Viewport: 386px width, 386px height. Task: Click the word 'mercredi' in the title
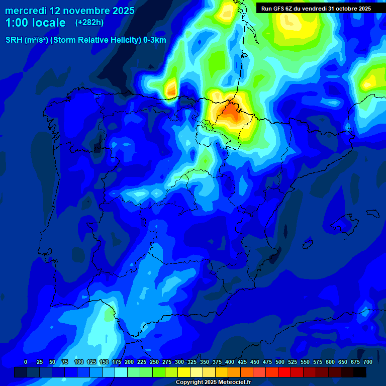pos(26,11)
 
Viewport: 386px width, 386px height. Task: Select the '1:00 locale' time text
pos(35,23)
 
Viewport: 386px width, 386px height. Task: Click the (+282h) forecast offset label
pos(89,23)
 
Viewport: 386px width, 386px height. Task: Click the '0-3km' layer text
pos(154,40)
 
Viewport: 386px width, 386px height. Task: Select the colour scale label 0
pos(26,362)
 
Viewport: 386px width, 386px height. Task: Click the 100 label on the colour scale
pos(78,362)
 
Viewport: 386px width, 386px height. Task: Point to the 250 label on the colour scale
pos(154,362)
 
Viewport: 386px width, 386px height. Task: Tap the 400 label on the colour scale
pos(230,362)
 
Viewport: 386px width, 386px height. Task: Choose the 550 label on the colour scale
pos(305,362)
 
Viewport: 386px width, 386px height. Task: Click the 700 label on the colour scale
pos(368,362)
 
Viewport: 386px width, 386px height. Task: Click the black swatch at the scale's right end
pos(360,372)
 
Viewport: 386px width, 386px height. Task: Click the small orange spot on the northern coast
pos(171,89)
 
